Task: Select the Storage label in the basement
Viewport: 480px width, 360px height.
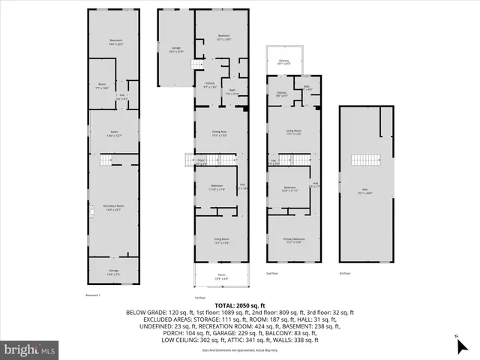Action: point(112,271)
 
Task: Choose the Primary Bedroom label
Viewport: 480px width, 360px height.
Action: point(293,240)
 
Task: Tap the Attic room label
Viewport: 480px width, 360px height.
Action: point(365,192)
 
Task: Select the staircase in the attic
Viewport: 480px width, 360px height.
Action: point(365,160)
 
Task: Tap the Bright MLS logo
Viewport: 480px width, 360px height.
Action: point(30,349)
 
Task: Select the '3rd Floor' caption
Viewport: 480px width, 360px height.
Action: point(345,274)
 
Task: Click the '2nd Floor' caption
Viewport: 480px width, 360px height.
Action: point(274,274)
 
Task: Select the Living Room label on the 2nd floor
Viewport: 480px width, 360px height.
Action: point(293,133)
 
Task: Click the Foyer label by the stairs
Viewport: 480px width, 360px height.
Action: point(201,161)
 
